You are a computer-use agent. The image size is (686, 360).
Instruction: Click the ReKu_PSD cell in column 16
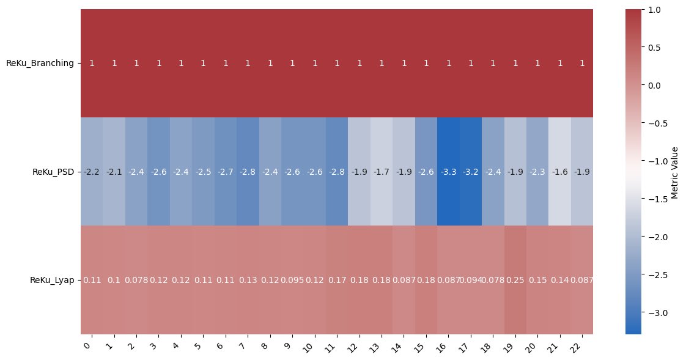[448, 172]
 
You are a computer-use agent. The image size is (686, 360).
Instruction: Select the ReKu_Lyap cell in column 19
[515, 280]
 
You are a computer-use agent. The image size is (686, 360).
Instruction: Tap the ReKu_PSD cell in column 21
[559, 172]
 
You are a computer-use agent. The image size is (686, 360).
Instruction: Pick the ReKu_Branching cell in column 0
[92, 63]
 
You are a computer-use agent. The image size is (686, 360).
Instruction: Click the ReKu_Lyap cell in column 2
[136, 280]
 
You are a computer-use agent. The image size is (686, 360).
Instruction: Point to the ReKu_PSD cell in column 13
[382, 172]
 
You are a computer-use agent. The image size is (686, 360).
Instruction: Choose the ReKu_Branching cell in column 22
[581, 63]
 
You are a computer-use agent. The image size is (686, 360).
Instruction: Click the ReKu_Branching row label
[40, 63]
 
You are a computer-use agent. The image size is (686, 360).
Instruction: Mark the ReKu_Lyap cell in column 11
[337, 280]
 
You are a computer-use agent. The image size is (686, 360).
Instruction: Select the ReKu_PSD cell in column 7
[248, 172]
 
